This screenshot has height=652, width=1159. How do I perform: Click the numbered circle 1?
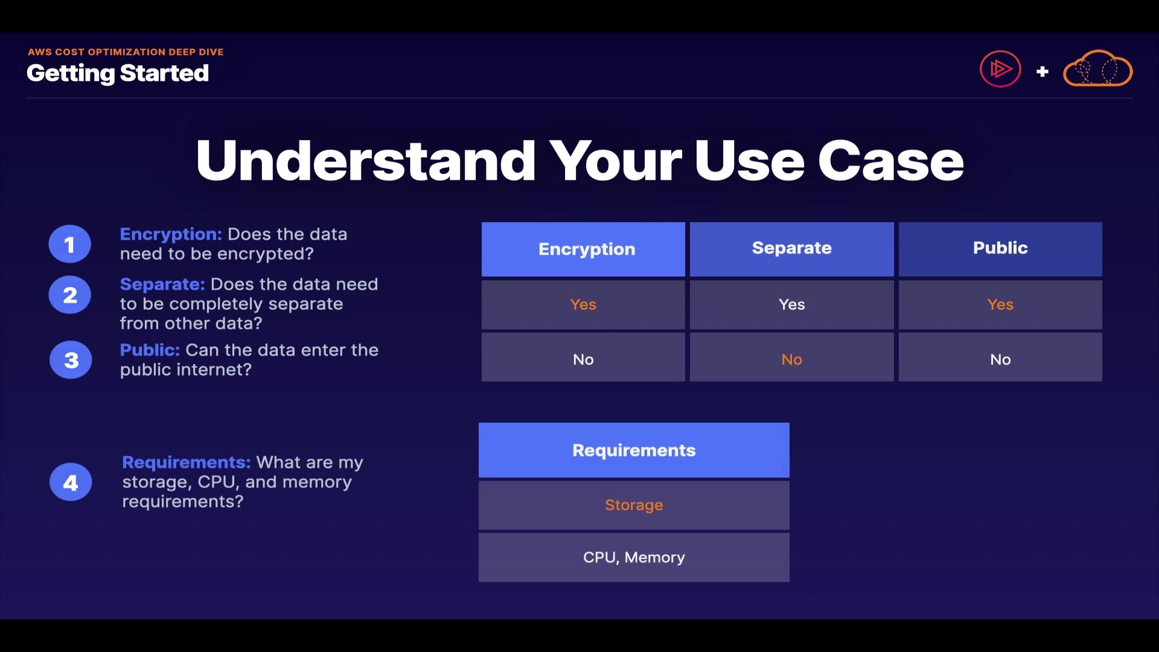click(70, 244)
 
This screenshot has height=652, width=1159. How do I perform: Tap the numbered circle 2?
click(70, 295)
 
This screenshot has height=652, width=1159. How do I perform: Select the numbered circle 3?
click(71, 360)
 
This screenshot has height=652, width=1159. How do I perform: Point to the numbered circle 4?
click(71, 482)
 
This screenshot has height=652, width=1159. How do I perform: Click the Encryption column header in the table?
click(583, 249)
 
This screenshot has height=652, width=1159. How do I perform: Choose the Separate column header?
click(792, 249)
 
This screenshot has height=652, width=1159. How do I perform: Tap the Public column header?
click(1000, 249)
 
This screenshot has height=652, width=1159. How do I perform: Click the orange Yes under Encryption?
click(583, 304)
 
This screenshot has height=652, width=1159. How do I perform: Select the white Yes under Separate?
click(792, 304)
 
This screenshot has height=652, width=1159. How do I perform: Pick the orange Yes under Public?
click(1000, 304)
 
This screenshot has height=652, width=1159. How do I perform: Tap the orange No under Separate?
click(792, 359)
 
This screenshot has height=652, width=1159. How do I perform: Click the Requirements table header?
click(634, 450)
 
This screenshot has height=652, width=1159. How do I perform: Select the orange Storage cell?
click(634, 505)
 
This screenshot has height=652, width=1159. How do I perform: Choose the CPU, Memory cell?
click(634, 557)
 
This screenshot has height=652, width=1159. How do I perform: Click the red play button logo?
click(1000, 69)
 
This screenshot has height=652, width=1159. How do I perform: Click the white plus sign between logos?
click(1042, 72)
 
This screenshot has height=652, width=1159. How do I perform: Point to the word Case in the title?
click(890, 161)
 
